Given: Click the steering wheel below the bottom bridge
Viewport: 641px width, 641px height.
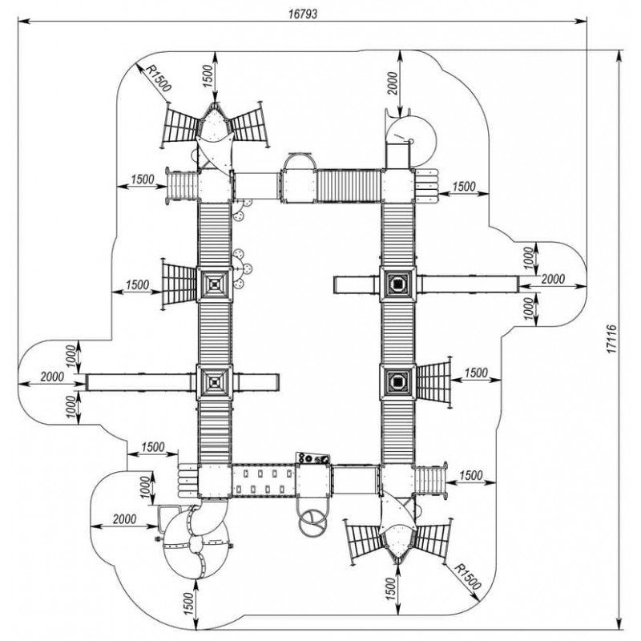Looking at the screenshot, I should tap(312, 521).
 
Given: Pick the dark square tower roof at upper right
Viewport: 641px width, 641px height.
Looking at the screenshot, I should tap(397, 282).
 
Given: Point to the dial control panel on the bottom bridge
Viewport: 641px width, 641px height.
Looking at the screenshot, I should tap(313, 459).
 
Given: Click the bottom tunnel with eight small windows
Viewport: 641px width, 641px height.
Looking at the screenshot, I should tap(264, 482).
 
